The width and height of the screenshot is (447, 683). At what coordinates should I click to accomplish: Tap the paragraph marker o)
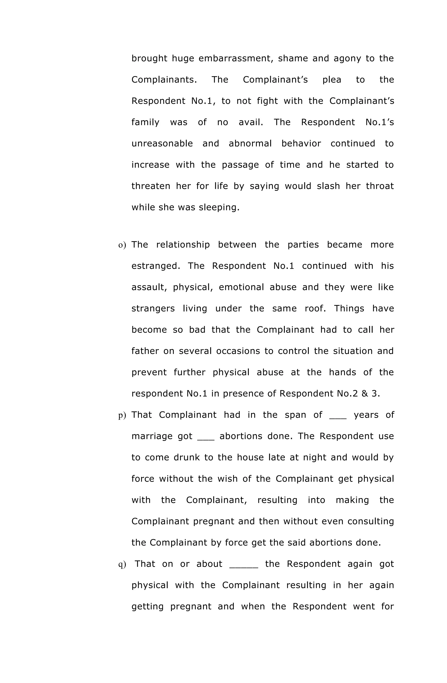(x=122, y=245)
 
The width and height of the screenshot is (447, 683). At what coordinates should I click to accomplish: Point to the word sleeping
(x=219, y=207)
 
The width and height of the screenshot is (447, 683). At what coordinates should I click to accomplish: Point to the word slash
(x=328, y=186)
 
